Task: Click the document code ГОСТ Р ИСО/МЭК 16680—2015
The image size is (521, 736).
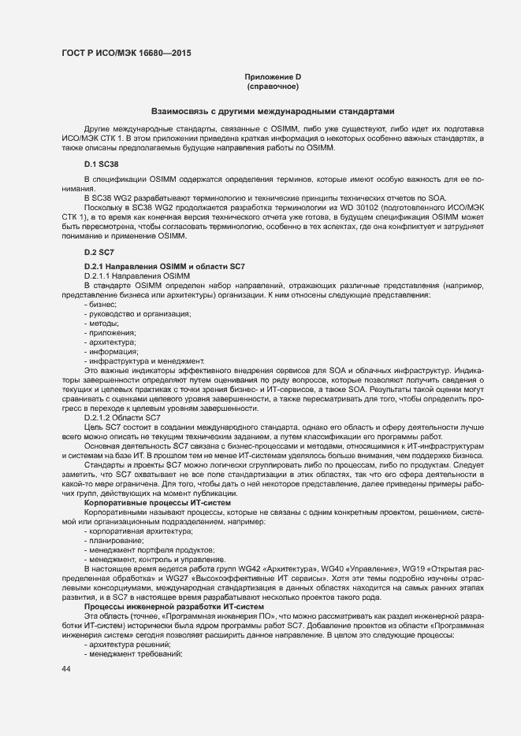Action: (x=126, y=54)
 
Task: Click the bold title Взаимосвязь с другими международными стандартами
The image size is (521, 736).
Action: (x=273, y=111)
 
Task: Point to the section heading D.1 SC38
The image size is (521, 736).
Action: (x=101, y=164)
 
